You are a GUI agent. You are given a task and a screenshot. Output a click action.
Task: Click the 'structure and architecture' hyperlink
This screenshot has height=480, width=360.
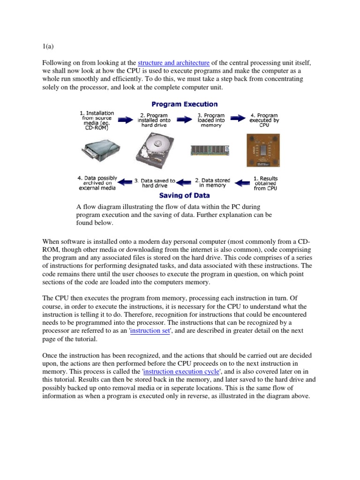coord(173,63)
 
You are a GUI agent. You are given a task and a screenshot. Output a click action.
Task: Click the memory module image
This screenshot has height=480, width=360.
coord(210,150)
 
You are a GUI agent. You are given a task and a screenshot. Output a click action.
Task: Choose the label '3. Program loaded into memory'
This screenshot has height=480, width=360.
coord(210,120)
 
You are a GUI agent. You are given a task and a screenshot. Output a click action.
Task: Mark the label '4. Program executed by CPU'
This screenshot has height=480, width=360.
coord(264,120)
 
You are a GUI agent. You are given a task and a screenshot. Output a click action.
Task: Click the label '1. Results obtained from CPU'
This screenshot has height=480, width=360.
coord(265,183)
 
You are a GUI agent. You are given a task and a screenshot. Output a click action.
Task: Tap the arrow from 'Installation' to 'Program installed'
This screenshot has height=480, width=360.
coord(125,120)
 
